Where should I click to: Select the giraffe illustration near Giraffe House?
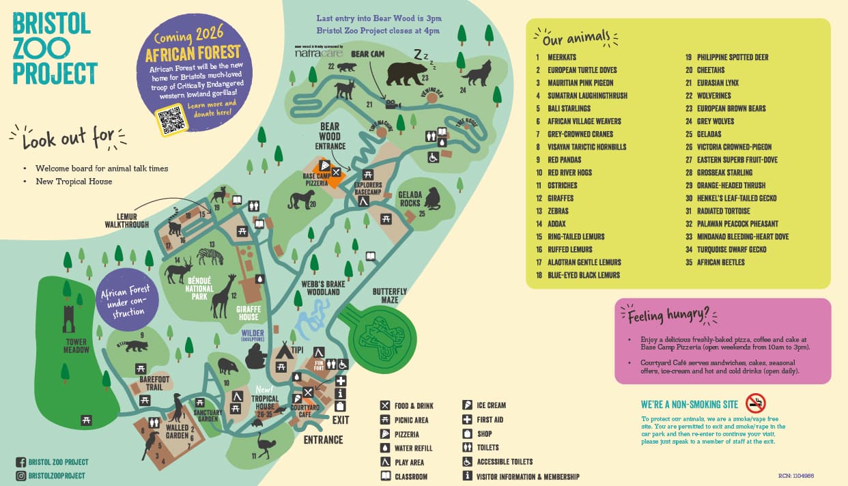(x=224, y=296)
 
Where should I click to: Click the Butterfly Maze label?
(x=390, y=296)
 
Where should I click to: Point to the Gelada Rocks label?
(x=410, y=199)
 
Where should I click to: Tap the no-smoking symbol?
(x=755, y=403)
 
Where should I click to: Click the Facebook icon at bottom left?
(x=20, y=462)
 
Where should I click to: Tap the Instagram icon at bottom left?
(x=20, y=476)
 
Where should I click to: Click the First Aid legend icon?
(x=467, y=420)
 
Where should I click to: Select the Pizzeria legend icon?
(x=385, y=434)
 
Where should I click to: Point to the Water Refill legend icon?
(x=385, y=448)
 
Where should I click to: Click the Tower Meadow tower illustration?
(x=69, y=319)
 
